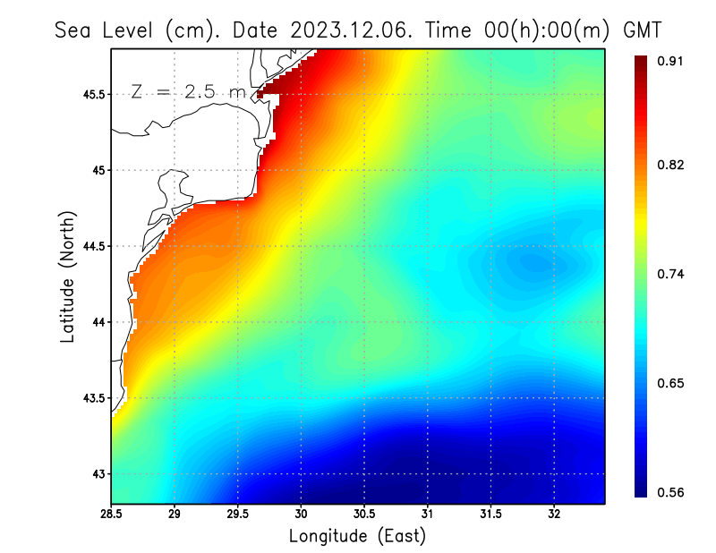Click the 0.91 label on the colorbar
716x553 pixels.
pos(672,61)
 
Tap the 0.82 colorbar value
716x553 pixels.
pos(672,165)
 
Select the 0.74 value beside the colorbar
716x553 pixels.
pos(672,274)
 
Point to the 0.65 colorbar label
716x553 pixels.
pos(672,383)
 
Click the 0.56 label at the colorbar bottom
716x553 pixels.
pos(672,492)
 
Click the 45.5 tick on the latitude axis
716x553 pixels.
pos(94,94)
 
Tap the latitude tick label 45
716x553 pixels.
pos(99,170)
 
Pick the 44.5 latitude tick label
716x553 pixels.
pos(94,246)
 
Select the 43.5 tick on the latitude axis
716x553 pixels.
pos(94,398)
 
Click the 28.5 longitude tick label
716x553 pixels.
pos(111,515)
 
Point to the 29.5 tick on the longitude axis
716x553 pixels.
pos(237,515)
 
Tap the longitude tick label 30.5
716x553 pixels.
pos(364,515)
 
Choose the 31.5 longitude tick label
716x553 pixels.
pos(490,515)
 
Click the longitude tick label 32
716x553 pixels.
pos(554,515)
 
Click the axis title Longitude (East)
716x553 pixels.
pos(357,536)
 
